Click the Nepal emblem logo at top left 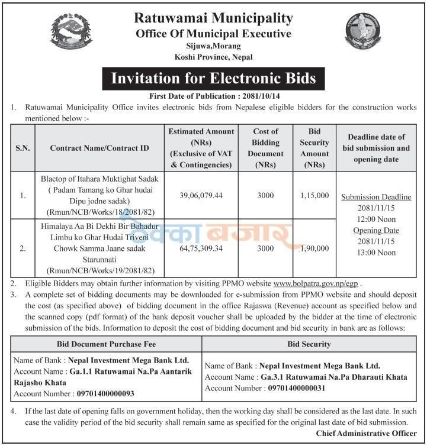click(x=72, y=33)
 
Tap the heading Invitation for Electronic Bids click(x=213, y=78)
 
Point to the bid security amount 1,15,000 click(x=314, y=196)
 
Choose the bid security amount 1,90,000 click(x=314, y=248)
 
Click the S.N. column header click(x=23, y=147)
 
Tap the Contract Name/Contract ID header click(x=99, y=147)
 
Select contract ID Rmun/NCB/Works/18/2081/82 click(x=98, y=212)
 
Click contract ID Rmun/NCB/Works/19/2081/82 click(x=98, y=271)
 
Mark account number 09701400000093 click(x=105, y=393)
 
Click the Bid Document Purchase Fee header click(x=107, y=344)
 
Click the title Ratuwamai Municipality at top click(x=213, y=19)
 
